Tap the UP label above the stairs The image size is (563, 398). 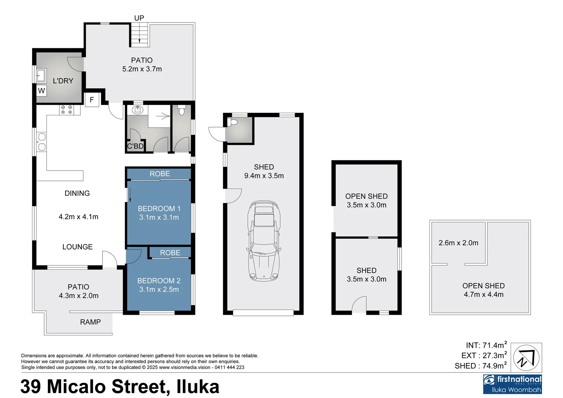(139, 18)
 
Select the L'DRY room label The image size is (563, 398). (63, 81)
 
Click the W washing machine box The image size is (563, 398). (41, 91)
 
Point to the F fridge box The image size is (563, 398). (92, 99)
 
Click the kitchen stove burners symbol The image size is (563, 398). (66, 109)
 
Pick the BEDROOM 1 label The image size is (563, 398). (159, 209)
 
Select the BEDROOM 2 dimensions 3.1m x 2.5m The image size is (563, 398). (159, 290)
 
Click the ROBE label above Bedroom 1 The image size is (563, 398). (160, 174)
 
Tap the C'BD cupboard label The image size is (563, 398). (135, 146)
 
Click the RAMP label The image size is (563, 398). (90, 322)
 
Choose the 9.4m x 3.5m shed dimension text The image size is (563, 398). (264, 176)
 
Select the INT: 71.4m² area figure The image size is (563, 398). (486, 345)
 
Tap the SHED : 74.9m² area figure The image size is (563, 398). (480, 366)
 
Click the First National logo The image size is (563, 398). (512, 384)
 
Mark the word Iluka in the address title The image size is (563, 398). (198, 387)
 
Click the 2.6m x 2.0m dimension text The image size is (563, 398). (458, 243)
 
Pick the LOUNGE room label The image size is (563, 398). (77, 247)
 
